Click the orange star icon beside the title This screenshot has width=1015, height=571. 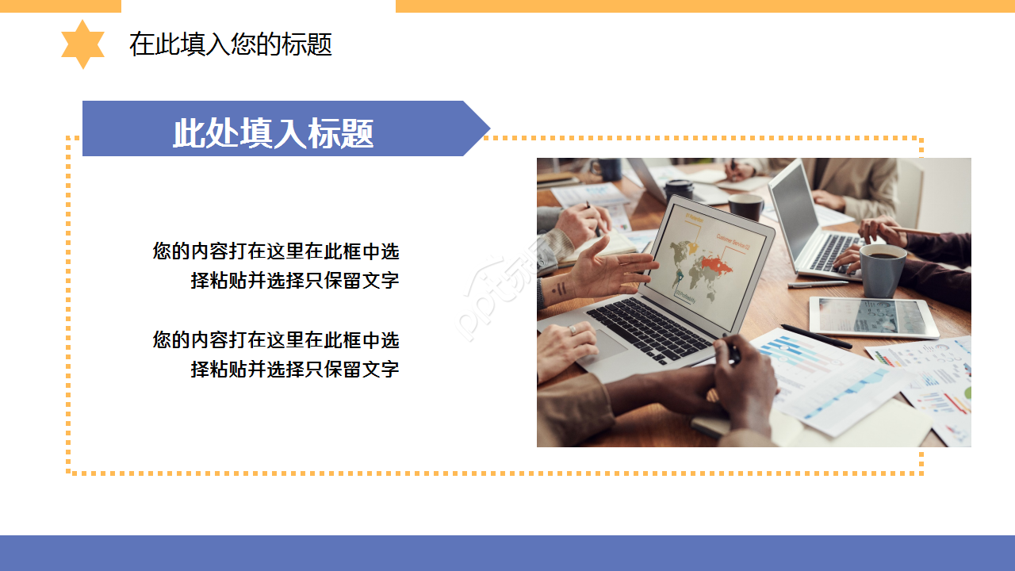point(82,44)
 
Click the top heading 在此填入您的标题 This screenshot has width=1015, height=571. point(230,44)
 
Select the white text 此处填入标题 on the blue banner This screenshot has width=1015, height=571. point(273,133)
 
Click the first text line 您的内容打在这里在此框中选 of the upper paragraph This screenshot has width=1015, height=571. point(276,251)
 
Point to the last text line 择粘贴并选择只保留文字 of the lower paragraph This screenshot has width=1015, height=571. point(294,369)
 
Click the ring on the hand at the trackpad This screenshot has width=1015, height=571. point(573,329)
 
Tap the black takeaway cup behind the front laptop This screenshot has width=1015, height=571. point(679,190)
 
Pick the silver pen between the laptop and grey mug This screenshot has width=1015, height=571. point(817,284)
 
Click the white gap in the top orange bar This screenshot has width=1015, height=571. point(258,6)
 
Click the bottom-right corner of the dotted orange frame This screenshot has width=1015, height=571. point(921,473)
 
